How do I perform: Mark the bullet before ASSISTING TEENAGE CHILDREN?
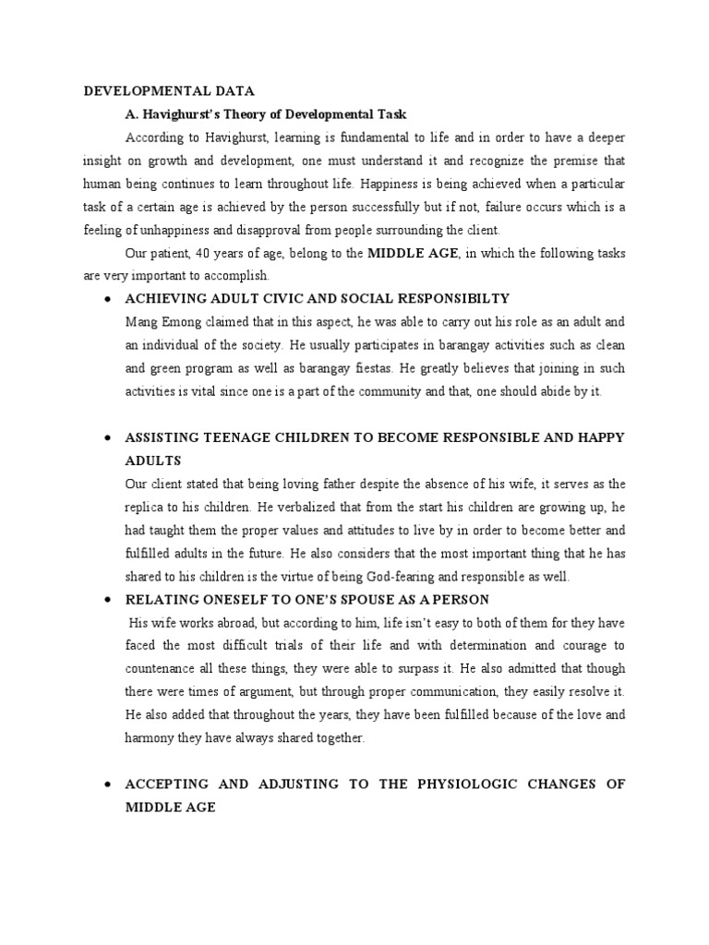tap(109, 438)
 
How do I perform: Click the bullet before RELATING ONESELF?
tap(109, 600)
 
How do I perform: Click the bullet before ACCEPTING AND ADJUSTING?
tap(109, 784)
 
